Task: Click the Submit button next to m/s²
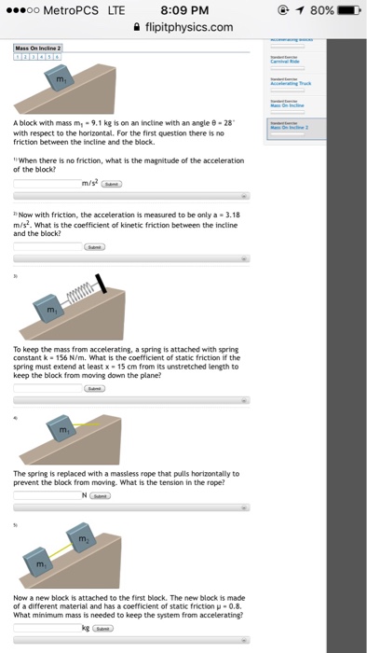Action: pyautogui.click(x=113, y=184)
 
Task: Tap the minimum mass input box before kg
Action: pyautogui.click(x=47, y=628)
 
